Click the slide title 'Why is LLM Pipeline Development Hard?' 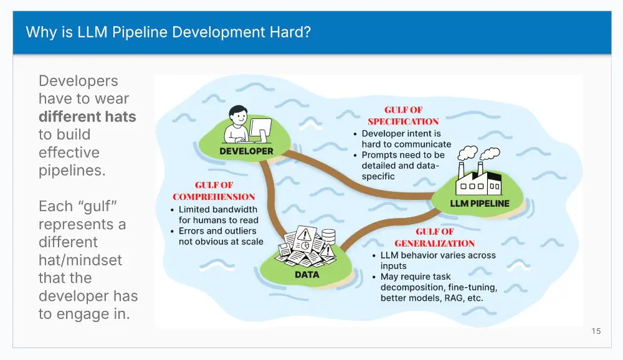coord(168,32)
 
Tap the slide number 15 coord(596,331)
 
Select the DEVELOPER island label coord(246,151)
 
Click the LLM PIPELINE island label coord(480,204)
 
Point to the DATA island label coord(307,275)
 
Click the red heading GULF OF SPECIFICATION coord(403,116)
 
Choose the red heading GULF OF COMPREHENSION coord(214,191)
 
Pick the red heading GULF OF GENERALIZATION coord(435,237)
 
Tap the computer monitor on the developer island coord(260,129)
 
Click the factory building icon coord(478,178)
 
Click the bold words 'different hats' coord(87,117)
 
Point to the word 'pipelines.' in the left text coord(72,171)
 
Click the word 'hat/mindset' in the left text coord(80,260)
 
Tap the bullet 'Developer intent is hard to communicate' coord(402,139)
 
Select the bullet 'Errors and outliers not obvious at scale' coord(217,236)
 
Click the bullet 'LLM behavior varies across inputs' coord(434,260)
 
